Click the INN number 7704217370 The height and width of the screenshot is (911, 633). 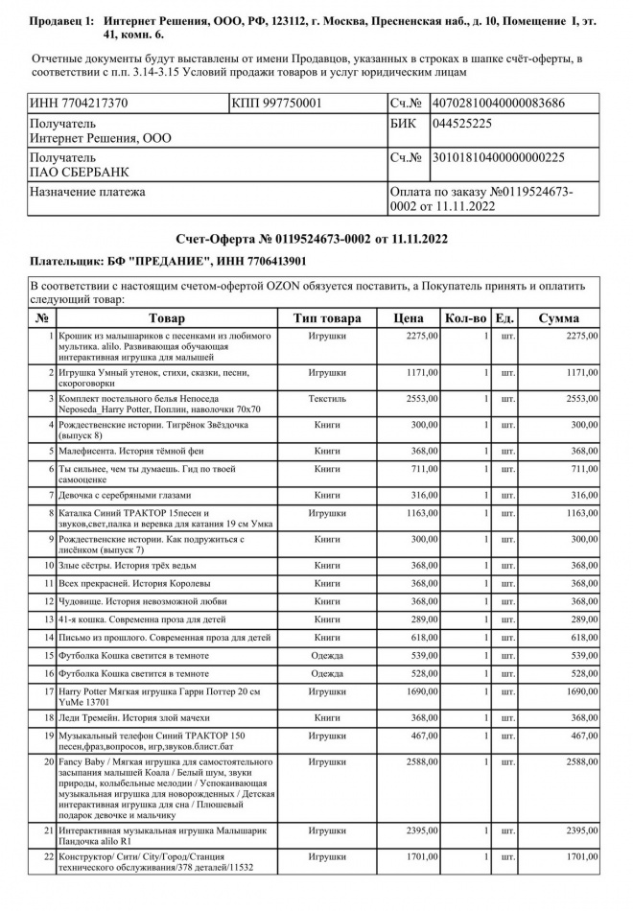coord(81,103)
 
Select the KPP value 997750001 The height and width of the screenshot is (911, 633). coord(277,103)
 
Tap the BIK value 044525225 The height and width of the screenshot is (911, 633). coord(461,124)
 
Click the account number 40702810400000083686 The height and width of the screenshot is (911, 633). coord(498,103)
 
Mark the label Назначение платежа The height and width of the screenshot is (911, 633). coord(88,193)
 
